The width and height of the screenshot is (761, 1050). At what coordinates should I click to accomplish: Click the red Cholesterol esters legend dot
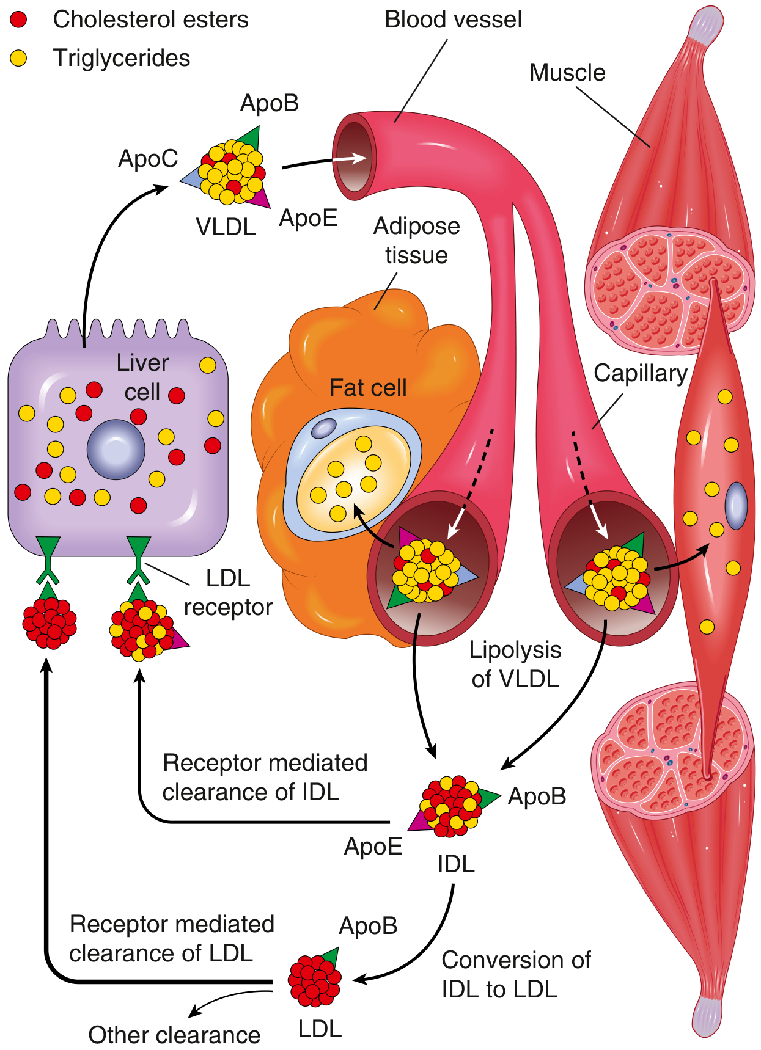point(19,20)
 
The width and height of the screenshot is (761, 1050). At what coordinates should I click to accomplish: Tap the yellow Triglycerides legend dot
point(19,59)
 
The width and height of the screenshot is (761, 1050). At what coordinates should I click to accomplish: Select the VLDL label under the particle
point(226,227)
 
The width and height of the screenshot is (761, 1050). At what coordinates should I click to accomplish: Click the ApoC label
point(148,159)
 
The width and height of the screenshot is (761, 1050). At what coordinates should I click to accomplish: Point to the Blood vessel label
point(453,20)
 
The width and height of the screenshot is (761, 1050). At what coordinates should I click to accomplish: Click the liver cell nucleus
point(116,450)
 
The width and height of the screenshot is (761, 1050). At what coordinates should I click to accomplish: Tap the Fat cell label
point(368,388)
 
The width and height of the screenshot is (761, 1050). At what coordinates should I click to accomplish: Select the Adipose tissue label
point(416,240)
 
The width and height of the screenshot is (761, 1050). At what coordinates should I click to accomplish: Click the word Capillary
point(640,373)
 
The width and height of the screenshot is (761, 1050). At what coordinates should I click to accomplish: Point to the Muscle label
point(567,73)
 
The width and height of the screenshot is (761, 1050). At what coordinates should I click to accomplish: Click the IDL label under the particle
point(455,864)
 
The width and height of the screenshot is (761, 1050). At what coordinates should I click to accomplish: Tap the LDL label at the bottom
point(320,1030)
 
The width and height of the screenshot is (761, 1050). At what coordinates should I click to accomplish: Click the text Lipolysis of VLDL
point(515,665)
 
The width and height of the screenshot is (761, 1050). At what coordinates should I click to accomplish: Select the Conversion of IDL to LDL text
point(516,975)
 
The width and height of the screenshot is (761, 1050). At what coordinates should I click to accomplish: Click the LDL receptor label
point(228,592)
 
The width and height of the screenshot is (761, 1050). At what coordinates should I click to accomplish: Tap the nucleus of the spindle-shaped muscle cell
point(736,505)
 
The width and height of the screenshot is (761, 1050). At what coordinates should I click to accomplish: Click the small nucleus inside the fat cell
point(323,428)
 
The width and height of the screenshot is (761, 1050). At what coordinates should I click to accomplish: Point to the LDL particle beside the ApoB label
point(315,979)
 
